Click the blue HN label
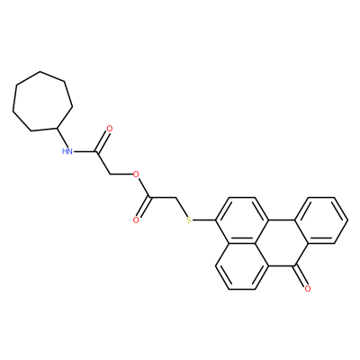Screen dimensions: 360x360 [67, 151]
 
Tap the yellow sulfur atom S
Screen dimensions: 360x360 [188, 220]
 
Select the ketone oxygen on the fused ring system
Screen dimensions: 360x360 [307, 289]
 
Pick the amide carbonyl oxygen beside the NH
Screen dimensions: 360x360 [110, 129]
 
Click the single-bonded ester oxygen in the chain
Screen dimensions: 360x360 [136, 174]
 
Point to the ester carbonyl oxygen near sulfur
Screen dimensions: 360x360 [136, 220]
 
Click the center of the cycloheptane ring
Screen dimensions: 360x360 [42, 102]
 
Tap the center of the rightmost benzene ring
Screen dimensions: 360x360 [321, 220]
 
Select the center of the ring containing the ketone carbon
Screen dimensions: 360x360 [282, 243]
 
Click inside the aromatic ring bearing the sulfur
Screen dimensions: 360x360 [241, 220]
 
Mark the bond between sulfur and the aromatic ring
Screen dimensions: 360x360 [203, 220]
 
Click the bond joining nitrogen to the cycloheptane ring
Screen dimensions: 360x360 [63, 138]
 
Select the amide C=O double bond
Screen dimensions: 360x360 [102, 141]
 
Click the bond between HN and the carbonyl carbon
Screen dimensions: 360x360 [85, 151]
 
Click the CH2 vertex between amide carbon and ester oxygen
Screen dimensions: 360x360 [110, 175]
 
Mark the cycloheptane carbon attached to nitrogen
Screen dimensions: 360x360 [57, 129]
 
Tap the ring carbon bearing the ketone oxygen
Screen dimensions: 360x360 [295, 266]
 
